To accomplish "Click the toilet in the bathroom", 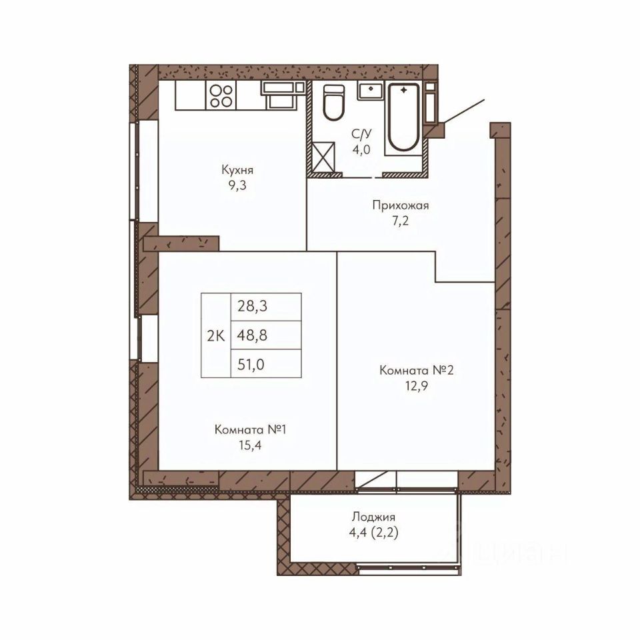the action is click(333, 102).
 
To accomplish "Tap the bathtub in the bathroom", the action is click(403, 117).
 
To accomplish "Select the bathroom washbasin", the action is click(370, 90).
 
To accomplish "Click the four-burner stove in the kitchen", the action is click(221, 95).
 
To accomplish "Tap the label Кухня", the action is click(237, 170).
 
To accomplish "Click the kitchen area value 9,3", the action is click(237, 186).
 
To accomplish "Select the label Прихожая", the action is click(401, 205).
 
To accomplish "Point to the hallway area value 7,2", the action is click(400, 221).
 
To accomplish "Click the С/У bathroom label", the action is click(361, 134).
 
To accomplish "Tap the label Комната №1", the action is click(250, 430).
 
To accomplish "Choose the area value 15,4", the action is click(250, 445).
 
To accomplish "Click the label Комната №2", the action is click(416, 370).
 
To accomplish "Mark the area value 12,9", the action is click(416, 386).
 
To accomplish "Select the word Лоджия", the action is click(373, 517).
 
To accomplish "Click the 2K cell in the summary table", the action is click(215, 335).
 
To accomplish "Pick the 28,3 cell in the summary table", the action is click(266, 307).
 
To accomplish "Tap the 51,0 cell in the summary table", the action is click(266, 364).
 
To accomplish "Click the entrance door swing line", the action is click(464, 111).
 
